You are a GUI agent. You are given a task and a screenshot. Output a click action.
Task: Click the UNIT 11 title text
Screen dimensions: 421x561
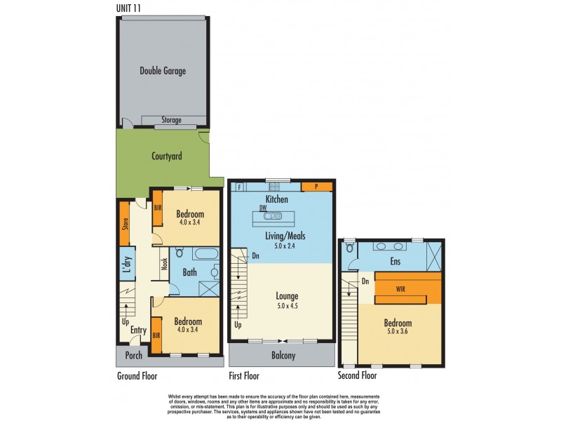click(x=131, y=8)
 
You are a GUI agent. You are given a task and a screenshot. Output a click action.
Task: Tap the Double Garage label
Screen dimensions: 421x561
click(x=163, y=71)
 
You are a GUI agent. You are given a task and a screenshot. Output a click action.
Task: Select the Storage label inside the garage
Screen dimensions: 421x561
click(x=172, y=120)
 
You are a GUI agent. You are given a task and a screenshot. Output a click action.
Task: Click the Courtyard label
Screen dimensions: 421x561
click(x=167, y=156)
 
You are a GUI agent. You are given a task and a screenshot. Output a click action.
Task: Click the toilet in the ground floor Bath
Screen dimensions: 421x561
click(x=180, y=253)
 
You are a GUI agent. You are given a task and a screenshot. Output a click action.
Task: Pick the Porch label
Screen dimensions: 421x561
click(x=133, y=355)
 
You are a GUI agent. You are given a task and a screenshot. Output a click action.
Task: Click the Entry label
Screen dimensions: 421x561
click(x=138, y=330)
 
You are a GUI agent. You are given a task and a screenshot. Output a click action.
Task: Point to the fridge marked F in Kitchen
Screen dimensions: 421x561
click(x=240, y=187)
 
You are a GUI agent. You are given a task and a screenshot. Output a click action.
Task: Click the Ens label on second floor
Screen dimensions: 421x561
click(x=395, y=262)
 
